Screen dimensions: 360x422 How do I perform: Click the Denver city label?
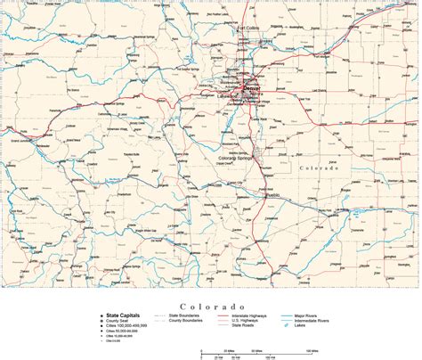(x=254, y=91)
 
